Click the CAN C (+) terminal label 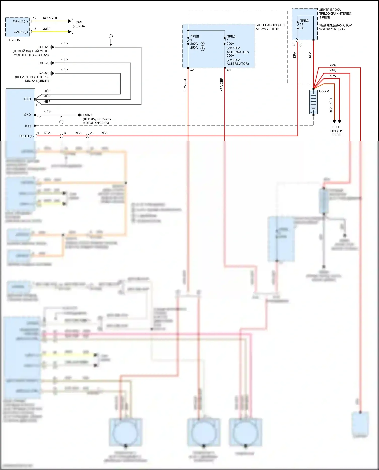point(20,21)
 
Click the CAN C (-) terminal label point(20,32)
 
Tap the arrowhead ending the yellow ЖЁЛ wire point(70,32)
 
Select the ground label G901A point(43,47)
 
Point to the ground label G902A point(43,63)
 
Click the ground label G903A point(43,73)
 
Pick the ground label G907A point(88,115)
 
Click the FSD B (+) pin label point(26,136)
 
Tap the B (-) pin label point(28,126)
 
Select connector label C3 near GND point(38,105)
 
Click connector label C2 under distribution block point(192,70)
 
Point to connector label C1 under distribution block point(229,70)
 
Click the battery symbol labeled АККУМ point(313,102)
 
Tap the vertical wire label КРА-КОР point(185,84)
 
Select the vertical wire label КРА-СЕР point(221,84)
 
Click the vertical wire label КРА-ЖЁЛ point(331,105)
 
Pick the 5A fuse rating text point(302,28)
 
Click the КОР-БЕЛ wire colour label point(50,18)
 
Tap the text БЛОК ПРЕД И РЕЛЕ point(336,131)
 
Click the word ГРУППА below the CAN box point(14,40)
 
